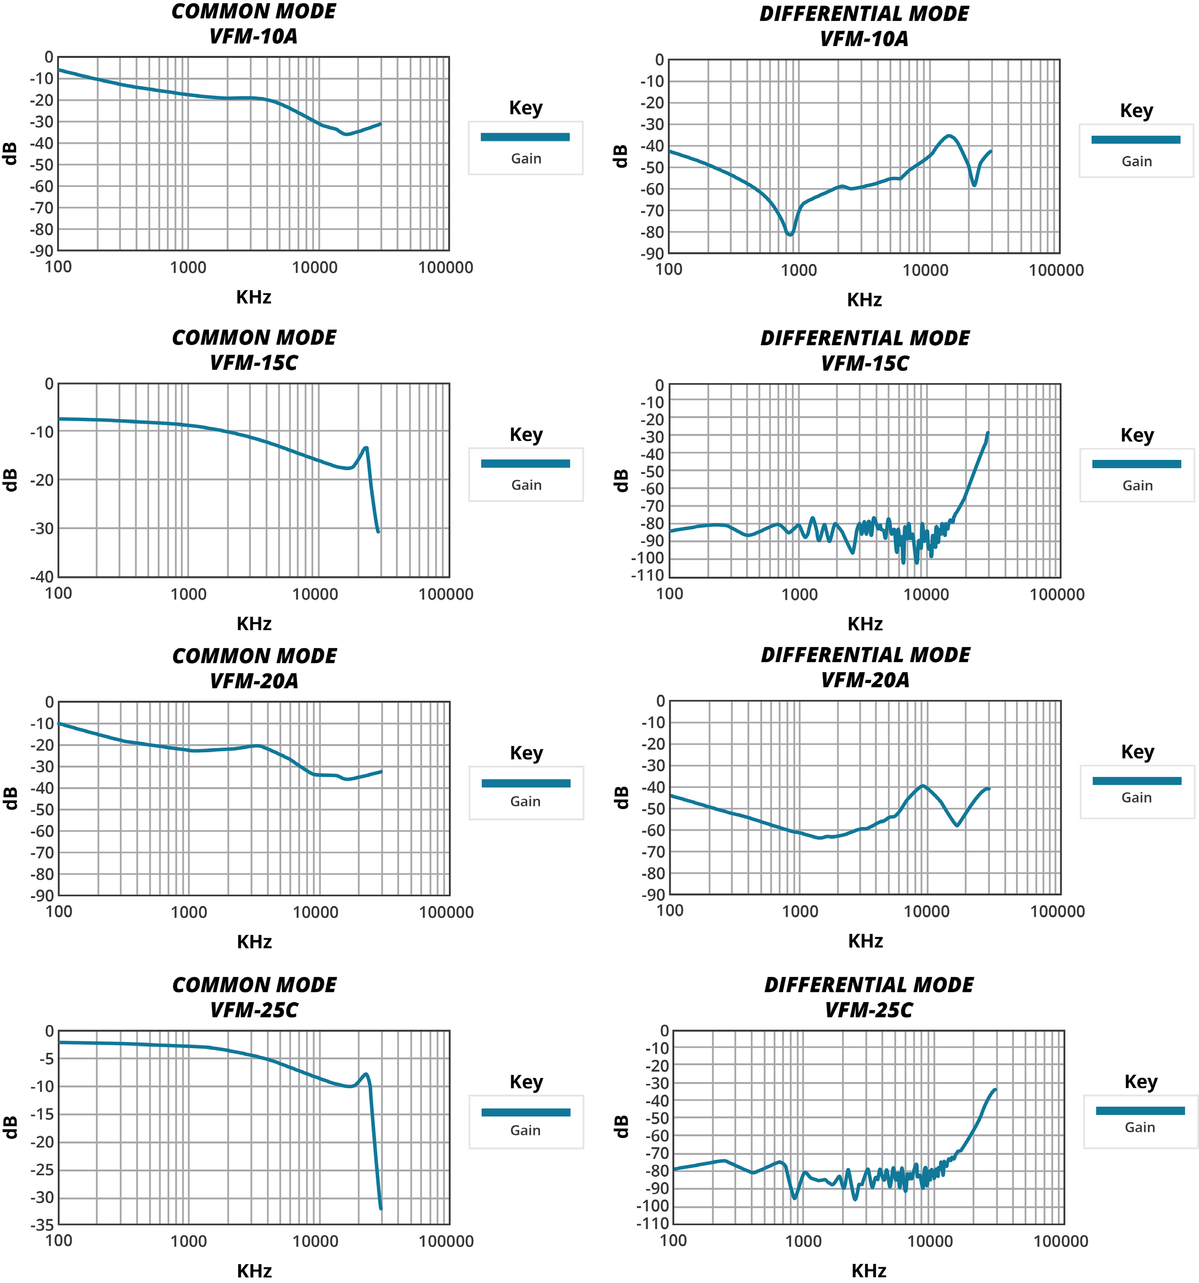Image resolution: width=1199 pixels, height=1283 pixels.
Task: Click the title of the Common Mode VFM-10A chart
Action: tap(254, 24)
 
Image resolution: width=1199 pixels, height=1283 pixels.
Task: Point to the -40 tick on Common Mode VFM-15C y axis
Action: tap(42, 576)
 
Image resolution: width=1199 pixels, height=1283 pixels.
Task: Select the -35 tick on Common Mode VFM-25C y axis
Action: tap(42, 1224)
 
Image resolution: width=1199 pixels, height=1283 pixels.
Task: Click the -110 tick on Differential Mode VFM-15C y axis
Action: tap(648, 575)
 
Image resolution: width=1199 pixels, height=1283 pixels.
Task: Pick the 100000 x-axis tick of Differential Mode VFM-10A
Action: tap(1056, 270)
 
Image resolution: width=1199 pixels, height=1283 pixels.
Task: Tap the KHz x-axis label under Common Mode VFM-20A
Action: tap(254, 941)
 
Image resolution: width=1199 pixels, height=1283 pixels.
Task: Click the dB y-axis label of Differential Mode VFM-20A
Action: tap(621, 798)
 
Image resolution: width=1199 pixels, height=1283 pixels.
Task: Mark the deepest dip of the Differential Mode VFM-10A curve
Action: tap(790, 234)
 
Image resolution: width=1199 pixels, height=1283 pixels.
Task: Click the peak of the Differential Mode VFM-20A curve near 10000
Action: tap(923, 786)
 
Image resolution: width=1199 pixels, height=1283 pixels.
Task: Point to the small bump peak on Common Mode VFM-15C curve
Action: tap(366, 448)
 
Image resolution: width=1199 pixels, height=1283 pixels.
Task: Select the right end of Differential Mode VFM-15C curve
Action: tap(987, 433)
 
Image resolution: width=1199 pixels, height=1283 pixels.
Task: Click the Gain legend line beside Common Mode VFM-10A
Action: tap(525, 137)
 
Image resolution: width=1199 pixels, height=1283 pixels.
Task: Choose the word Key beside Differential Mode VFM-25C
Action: tap(1140, 1081)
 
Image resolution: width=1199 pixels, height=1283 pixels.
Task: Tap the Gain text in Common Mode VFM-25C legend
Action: tap(525, 1130)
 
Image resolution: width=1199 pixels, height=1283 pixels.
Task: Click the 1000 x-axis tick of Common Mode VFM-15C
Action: tap(189, 594)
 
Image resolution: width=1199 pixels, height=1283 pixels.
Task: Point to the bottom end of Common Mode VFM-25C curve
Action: tap(381, 1208)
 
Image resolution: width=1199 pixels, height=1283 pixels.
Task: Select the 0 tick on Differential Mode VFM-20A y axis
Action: tap(660, 701)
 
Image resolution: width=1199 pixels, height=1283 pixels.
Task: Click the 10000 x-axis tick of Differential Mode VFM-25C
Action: tap(929, 1241)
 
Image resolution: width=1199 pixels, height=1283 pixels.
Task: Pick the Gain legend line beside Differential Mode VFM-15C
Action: tap(1136, 464)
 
